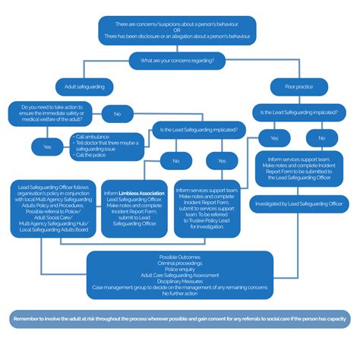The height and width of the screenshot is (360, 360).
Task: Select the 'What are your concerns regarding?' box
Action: tap(178, 58)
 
